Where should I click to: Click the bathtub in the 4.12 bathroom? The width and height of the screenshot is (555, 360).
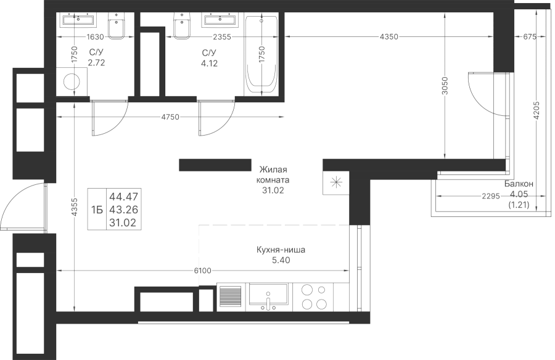[x=261, y=55]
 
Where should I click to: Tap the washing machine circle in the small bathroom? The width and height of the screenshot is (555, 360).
[x=72, y=82]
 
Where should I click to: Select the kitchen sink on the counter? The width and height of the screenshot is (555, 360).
[x=268, y=297]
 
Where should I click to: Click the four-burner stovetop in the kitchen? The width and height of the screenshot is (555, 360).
[x=313, y=297]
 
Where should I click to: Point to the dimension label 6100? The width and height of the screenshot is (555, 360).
[x=202, y=271]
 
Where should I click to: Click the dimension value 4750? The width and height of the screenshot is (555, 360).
[x=170, y=117]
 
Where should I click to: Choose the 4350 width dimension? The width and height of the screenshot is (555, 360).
[x=389, y=36]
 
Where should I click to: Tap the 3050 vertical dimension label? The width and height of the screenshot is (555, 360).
[x=445, y=86]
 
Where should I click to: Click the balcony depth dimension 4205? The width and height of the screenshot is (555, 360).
[x=536, y=110]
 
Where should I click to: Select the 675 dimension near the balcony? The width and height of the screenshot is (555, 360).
[x=530, y=36]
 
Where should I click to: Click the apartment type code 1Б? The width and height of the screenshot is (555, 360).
[x=97, y=210]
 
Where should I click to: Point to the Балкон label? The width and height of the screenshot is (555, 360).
[x=519, y=184]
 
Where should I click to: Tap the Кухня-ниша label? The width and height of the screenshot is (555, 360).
[x=281, y=250]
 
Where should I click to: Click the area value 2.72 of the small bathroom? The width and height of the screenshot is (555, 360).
[x=96, y=63]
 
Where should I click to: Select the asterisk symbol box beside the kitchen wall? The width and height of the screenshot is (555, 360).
[x=336, y=182]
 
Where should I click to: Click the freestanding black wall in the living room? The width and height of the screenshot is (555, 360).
[x=215, y=165]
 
